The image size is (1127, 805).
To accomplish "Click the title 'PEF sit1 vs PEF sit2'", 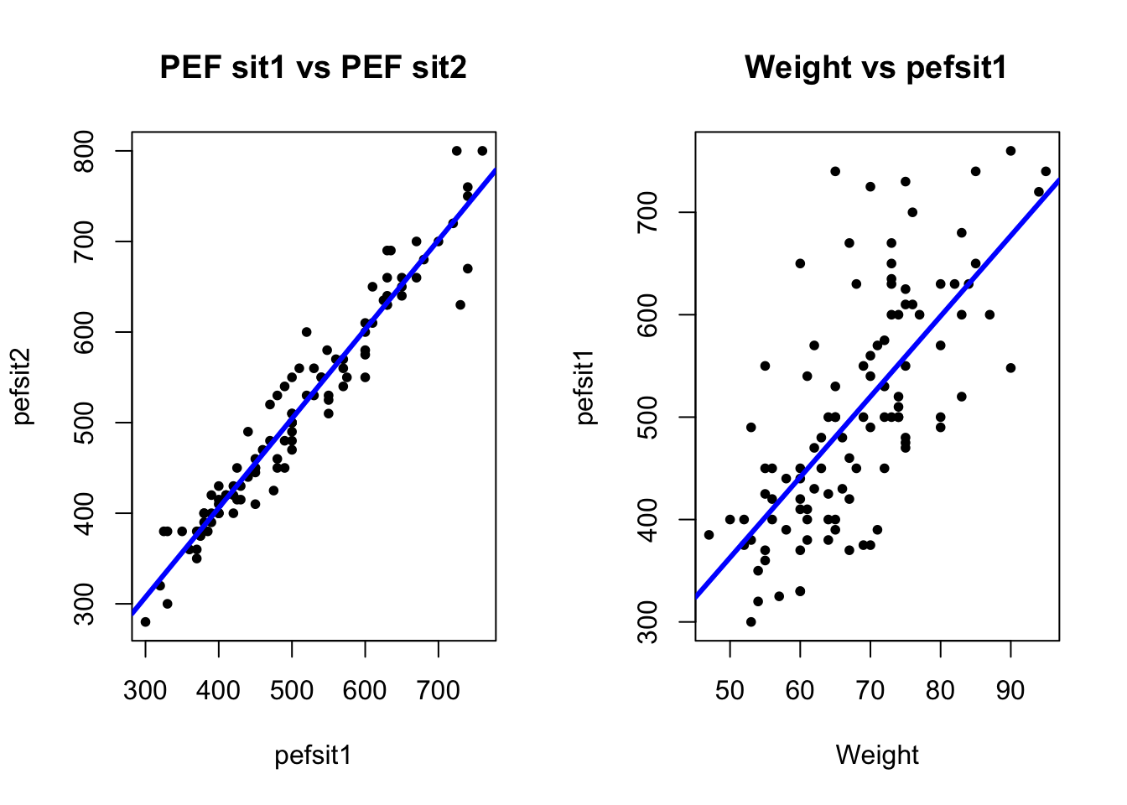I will click(x=313, y=67).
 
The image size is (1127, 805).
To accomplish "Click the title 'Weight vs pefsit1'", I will click(x=875, y=67).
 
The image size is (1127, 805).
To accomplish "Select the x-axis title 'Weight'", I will click(x=877, y=755).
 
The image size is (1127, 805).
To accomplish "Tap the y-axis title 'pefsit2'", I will click(x=23, y=386).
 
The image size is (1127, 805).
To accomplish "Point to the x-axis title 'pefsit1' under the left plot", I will click(x=313, y=755).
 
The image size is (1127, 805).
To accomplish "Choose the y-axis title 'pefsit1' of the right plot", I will click(x=586, y=386).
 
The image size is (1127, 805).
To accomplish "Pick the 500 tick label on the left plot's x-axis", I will click(x=292, y=691).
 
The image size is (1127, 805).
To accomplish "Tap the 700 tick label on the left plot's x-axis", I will click(x=439, y=691).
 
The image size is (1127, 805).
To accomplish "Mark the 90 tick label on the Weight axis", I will click(x=1010, y=691).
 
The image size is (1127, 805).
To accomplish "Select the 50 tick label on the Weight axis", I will click(x=730, y=691).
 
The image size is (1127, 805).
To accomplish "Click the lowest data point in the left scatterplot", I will click(x=145, y=621).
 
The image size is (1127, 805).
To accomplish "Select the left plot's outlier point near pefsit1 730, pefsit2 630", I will click(x=460, y=304).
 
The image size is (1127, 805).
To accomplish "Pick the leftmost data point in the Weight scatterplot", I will click(x=709, y=534).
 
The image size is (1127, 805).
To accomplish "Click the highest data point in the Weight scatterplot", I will click(x=1010, y=151).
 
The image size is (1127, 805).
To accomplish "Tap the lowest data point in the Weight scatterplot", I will click(x=750, y=621).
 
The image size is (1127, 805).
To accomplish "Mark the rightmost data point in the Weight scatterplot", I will click(x=1046, y=171).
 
